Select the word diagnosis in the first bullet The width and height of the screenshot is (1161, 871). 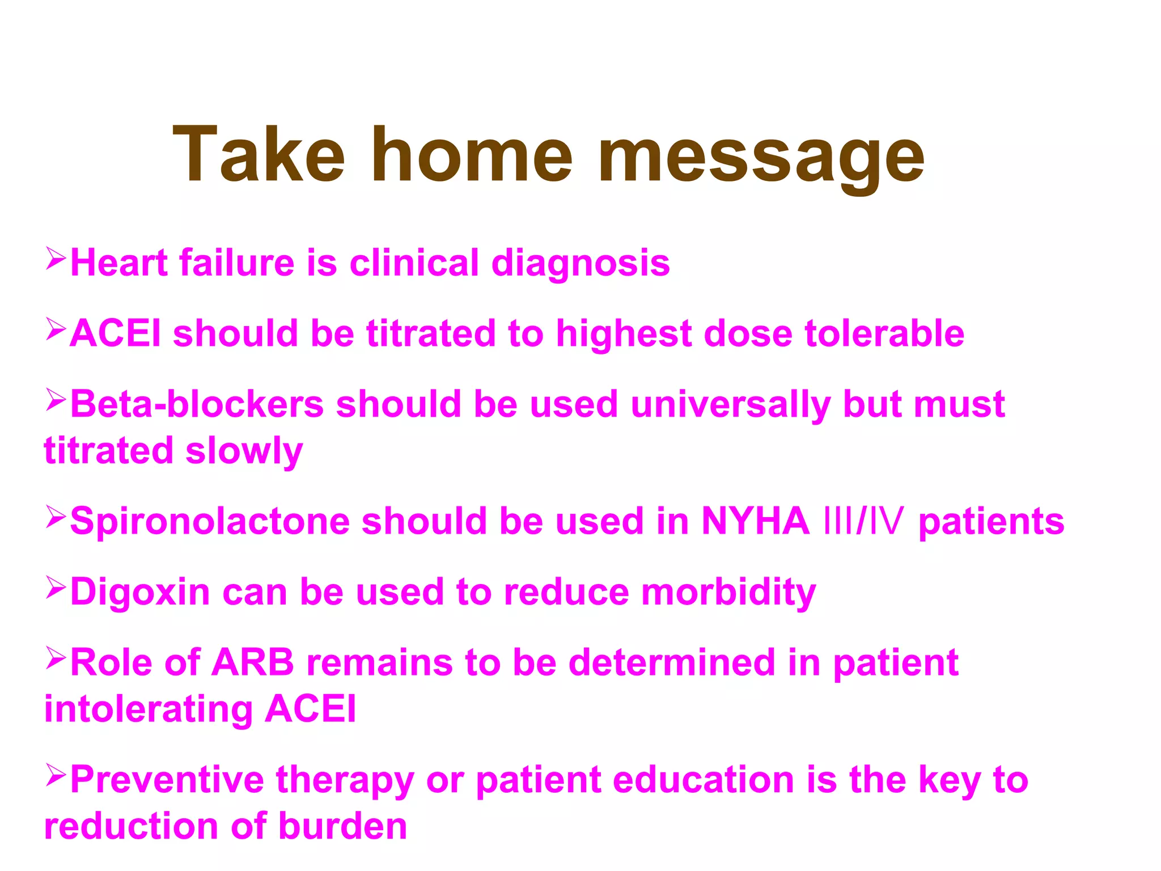pos(580,264)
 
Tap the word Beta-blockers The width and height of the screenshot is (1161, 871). pos(197,404)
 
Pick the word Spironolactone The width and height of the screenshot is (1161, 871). pos(210,521)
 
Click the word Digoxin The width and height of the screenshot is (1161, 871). pos(139,593)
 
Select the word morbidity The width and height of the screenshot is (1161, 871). pos(728,593)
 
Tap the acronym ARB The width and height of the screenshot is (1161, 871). pos(253,662)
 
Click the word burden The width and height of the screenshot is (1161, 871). pos(342,826)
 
